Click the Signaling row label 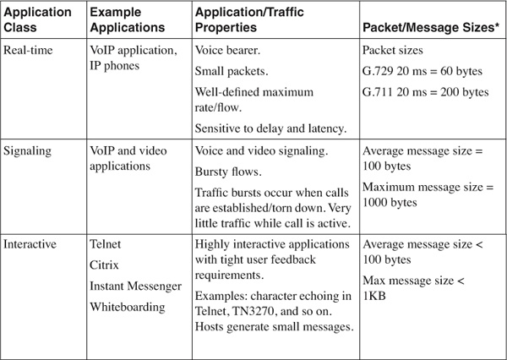coord(30,150)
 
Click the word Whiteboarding coord(127,307)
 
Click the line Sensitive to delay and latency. coord(270,128)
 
